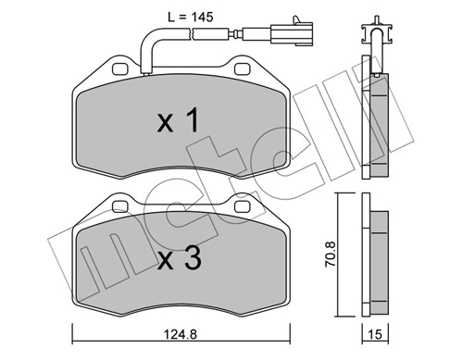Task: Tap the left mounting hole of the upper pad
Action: [x=117, y=68]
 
